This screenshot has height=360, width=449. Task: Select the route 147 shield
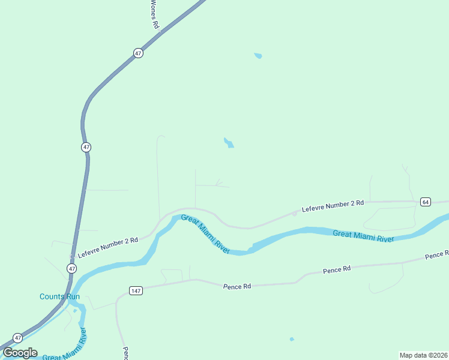(136, 290)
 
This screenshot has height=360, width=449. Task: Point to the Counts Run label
(59, 296)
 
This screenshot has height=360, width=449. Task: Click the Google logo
(20, 353)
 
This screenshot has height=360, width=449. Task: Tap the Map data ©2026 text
(423, 355)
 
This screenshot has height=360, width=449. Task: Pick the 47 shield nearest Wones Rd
(139, 53)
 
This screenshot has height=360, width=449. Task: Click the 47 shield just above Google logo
(17, 337)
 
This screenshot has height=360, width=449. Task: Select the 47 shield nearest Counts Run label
(71, 268)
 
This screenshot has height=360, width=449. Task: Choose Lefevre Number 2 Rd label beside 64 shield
(333, 206)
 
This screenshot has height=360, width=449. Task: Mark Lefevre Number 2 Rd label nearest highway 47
(107, 244)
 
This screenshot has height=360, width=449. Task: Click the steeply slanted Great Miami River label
(205, 234)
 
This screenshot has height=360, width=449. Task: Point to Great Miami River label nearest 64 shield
(363, 236)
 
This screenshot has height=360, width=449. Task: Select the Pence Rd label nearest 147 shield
(237, 286)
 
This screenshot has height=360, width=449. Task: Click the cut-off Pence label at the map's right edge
(437, 255)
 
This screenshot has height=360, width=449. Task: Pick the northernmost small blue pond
(258, 56)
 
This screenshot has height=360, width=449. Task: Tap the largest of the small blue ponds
(228, 143)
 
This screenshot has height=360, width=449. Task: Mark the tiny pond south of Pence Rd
(292, 339)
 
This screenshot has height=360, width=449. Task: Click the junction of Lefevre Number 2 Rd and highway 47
(73, 256)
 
